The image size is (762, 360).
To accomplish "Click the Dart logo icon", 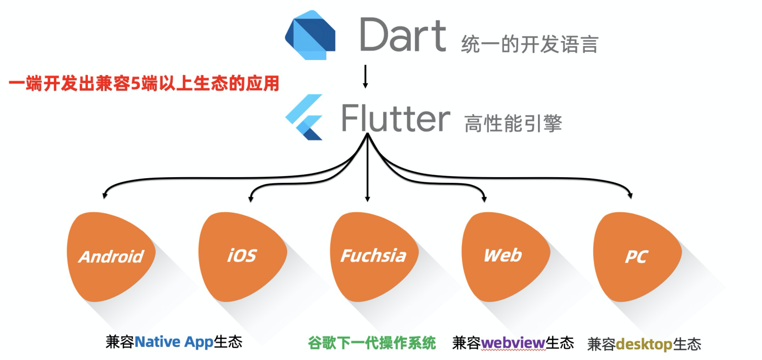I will (x=310, y=35).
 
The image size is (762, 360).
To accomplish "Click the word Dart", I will (x=402, y=35).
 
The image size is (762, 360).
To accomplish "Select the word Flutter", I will (x=395, y=118).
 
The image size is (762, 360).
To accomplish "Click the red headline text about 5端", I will (x=144, y=83).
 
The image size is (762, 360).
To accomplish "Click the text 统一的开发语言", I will (x=529, y=45).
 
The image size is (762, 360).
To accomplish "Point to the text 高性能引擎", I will (x=513, y=123).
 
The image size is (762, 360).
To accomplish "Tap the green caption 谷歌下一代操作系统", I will (x=372, y=343).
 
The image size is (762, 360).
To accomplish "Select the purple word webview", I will (x=513, y=343).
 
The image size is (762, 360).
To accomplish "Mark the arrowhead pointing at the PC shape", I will (x=631, y=194).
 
